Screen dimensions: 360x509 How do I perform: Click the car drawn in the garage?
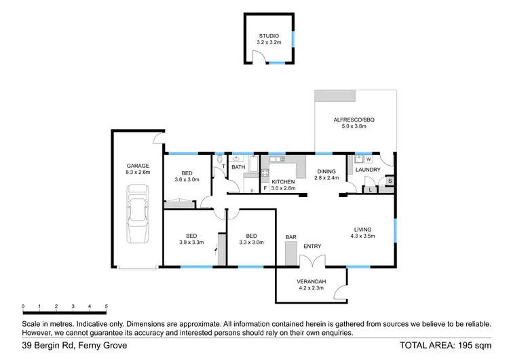coord(138,217)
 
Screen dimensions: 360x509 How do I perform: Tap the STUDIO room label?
coord(269,36)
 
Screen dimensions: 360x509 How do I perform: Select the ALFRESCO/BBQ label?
coord(354,120)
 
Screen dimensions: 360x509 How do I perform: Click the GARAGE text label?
coord(138,166)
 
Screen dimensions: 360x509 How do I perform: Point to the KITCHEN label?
coord(283,182)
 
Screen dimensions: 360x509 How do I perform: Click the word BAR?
coord(291,237)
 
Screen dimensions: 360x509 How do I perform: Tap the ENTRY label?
coord(312,246)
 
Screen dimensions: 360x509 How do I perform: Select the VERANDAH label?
coord(312,281)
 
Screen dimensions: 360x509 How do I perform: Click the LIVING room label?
coord(364,229)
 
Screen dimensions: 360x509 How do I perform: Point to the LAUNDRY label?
coord(368,170)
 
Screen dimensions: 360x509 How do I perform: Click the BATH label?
coord(238,166)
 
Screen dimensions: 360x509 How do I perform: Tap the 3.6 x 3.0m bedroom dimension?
coord(187,179)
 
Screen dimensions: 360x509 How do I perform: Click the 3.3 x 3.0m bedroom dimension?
coord(251,242)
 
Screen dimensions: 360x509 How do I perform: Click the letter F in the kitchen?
coord(265,187)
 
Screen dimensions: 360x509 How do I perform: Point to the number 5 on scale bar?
coord(106,307)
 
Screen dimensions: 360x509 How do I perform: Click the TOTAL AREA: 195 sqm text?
coord(445,346)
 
